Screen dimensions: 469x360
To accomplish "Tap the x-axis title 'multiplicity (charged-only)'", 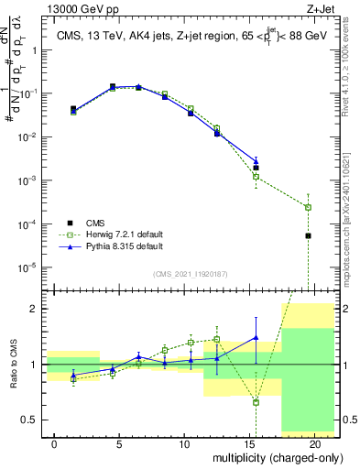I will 267,457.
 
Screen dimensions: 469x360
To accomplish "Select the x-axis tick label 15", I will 249,443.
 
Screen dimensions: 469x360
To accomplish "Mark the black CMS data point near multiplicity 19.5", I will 308,235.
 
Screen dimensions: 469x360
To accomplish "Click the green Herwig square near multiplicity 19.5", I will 308,207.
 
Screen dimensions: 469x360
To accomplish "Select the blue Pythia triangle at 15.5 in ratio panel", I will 256,337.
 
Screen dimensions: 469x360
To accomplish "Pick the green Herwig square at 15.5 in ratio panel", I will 256,402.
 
